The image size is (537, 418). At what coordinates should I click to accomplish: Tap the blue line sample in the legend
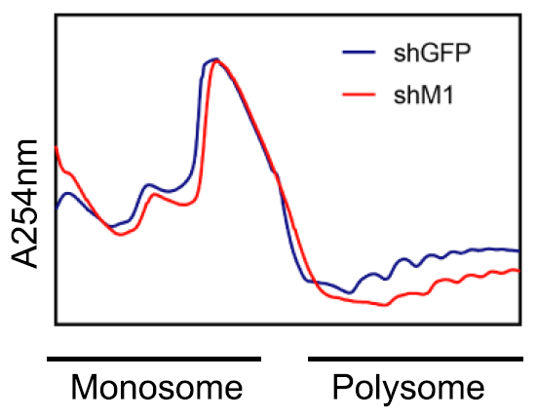(x=362, y=54)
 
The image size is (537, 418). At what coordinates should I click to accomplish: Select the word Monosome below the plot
(x=156, y=389)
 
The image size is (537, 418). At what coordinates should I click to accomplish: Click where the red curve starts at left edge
(x=57, y=146)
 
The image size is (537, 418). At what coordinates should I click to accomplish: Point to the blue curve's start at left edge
(x=57, y=208)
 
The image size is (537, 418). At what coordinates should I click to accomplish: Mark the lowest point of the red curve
(x=386, y=305)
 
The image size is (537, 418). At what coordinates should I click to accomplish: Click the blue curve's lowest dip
(x=352, y=292)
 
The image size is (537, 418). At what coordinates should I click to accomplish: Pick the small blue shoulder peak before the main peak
(x=149, y=184)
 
